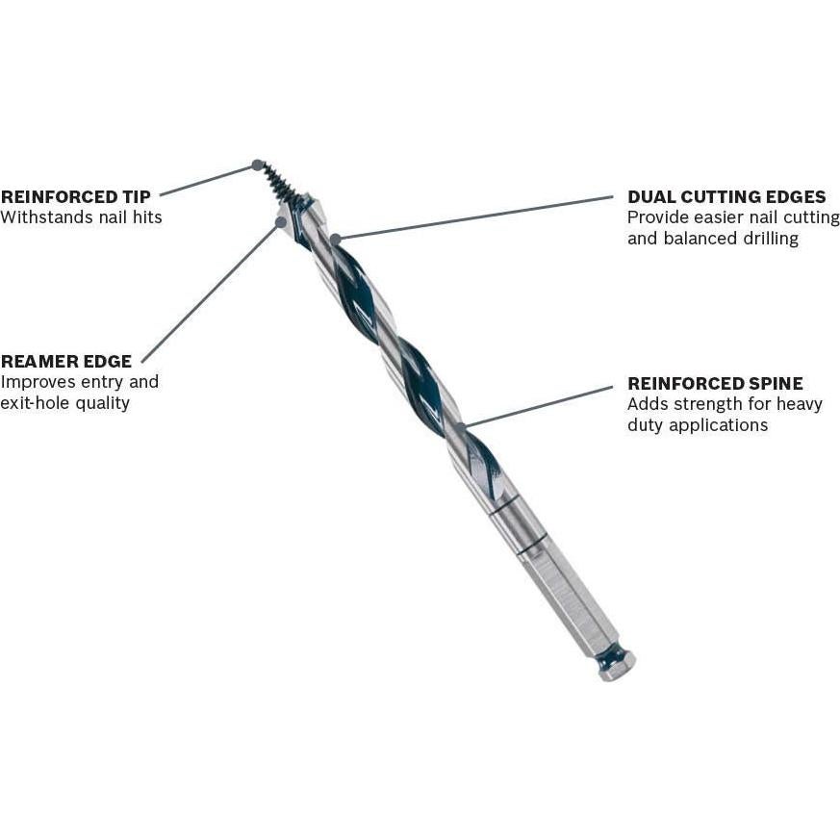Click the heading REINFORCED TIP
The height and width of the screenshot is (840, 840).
click(76, 196)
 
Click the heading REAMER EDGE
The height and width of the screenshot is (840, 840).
click(66, 362)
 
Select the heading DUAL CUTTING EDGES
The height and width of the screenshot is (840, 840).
click(726, 197)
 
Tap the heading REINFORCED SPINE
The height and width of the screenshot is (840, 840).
click(715, 383)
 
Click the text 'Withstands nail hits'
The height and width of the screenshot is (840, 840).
click(82, 217)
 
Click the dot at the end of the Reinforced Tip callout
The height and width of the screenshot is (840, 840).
click(257, 165)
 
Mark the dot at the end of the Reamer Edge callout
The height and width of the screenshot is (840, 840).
click(281, 222)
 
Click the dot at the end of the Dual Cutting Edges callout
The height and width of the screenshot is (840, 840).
click(335, 238)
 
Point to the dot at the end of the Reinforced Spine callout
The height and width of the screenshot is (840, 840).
click(462, 425)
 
